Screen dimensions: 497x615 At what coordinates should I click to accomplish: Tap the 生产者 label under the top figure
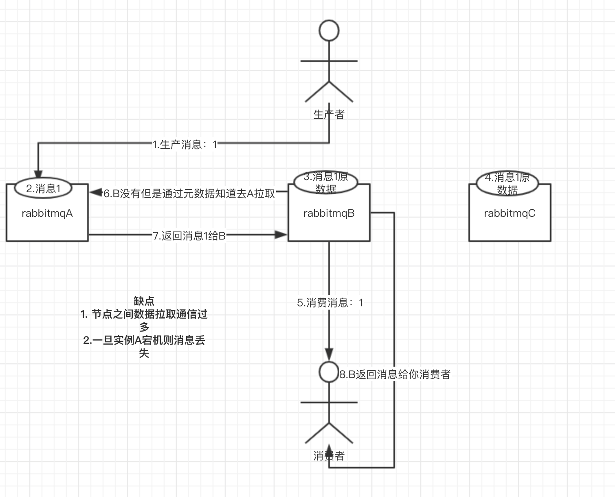point(329,114)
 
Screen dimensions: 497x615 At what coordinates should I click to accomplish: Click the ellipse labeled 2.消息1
point(43,188)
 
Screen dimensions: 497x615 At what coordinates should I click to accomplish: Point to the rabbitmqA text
point(47,213)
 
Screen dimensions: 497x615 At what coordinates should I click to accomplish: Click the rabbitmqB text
point(329,213)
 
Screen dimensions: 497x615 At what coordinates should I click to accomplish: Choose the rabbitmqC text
point(510,213)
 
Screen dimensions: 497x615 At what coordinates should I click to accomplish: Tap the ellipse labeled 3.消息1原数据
point(326,183)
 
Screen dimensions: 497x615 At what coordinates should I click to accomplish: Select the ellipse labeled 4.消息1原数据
point(507,183)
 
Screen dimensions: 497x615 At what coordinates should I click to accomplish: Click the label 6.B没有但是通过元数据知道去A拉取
point(189,194)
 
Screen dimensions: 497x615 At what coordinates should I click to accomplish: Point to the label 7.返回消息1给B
point(189,236)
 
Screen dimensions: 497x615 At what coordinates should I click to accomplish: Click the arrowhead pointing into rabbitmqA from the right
point(96,192)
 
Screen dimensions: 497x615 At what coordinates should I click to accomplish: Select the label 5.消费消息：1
point(330,303)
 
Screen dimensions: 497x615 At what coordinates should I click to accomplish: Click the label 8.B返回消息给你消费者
point(395,375)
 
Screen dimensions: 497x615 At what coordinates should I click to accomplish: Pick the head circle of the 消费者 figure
point(329,372)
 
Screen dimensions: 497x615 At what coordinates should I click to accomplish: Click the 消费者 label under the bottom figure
point(329,456)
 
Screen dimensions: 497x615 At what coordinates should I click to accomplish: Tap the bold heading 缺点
point(144,301)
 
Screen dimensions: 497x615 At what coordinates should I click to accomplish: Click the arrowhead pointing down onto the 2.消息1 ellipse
point(38,174)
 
